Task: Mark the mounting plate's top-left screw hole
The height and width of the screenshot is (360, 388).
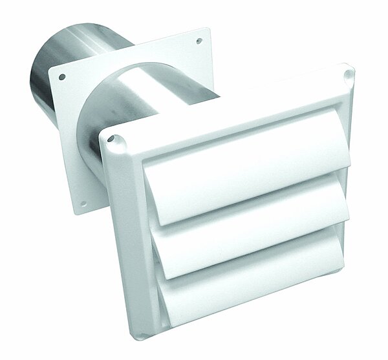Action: coord(62,78)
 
